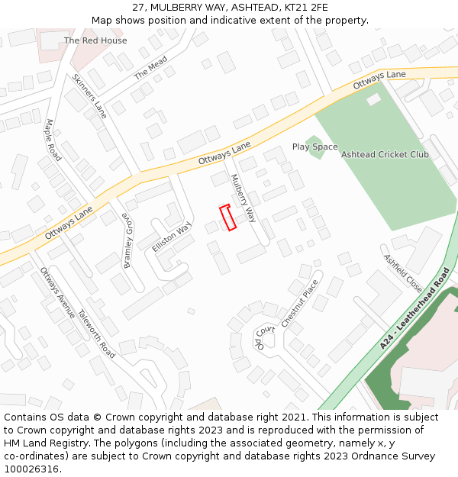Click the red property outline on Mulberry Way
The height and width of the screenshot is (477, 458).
click(x=227, y=218)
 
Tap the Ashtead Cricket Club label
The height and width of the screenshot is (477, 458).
click(x=385, y=155)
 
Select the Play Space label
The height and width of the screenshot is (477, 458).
click(x=314, y=147)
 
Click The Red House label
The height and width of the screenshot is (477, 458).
click(x=95, y=40)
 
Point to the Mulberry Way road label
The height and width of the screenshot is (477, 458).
click(x=244, y=198)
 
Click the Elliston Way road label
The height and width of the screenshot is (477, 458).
click(x=171, y=237)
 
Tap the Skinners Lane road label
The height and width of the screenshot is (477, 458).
click(x=90, y=96)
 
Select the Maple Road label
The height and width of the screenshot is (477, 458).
click(x=53, y=140)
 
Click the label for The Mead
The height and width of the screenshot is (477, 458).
click(x=150, y=69)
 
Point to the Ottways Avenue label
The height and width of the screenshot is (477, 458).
click(x=57, y=292)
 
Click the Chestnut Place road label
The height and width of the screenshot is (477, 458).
click(x=299, y=303)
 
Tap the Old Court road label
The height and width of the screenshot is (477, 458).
click(x=264, y=337)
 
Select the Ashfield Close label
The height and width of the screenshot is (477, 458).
click(x=402, y=273)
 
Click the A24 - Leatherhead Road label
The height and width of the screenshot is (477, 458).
click(x=414, y=309)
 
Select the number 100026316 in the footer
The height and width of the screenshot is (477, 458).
click(x=31, y=469)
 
